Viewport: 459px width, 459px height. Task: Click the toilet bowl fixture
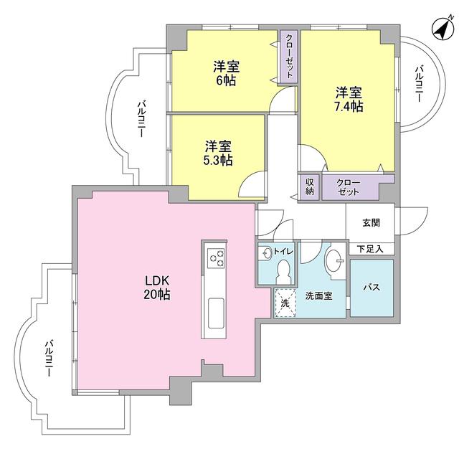coord(284,271)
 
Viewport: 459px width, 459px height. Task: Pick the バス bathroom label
coord(371,288)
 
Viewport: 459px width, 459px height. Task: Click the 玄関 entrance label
coord(370,223)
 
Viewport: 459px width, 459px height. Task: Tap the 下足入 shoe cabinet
coord(370,249)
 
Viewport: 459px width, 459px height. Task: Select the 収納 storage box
coord(310,186)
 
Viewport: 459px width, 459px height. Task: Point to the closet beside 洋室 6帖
coord(288,57)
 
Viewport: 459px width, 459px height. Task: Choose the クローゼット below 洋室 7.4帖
coord(349,186)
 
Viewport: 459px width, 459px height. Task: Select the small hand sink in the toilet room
coord(266,252)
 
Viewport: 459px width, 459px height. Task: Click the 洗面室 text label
coord(318,295)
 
